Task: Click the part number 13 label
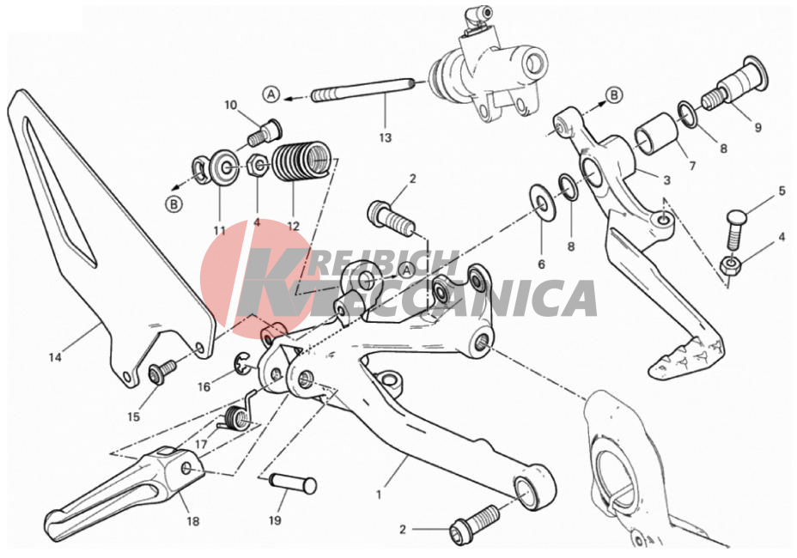386,137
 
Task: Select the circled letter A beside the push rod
271,94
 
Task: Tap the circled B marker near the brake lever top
614,95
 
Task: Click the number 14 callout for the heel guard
55,357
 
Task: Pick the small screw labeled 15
162,372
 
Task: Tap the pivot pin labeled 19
292,483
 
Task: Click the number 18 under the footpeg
193,521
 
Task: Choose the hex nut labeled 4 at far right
730,264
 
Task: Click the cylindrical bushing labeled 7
655,133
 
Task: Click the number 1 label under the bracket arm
378,494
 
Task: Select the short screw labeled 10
265,133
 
